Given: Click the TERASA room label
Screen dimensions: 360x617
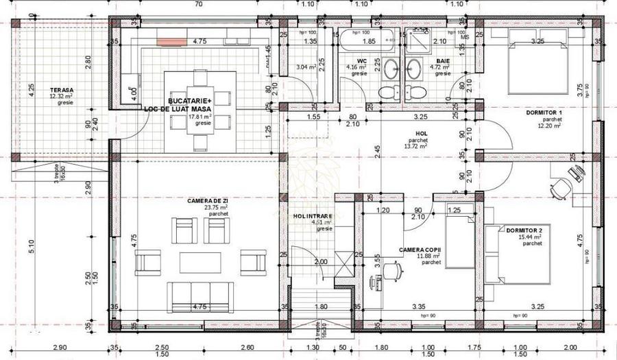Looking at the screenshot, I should click(x=61, y=90).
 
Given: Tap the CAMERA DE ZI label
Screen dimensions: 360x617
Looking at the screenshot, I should click(x=208, y=200).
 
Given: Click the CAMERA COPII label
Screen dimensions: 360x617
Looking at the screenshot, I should click(x=422, y=250).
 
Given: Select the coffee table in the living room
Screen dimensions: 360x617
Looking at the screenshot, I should click(x=200, y=263).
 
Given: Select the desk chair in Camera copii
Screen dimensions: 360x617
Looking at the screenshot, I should click(x=392, y=272).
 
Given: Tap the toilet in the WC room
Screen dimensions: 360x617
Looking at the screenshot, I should click(x=389, y=92).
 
